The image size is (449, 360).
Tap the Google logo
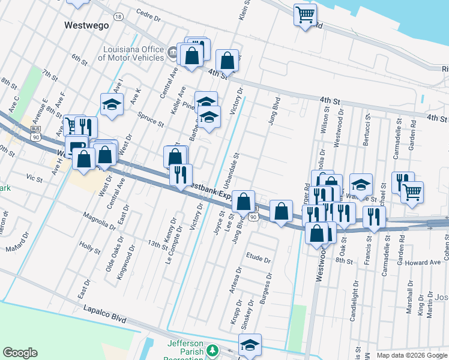(x=20, y=353)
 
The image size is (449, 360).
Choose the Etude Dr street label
(x=259, y=258)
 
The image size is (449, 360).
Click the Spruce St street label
(x=151, y=119)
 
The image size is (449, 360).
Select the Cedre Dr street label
(x=149, y=15)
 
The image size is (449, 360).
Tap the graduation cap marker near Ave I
(x=112, y=105)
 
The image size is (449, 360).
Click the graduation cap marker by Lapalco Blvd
(x=250, y=344)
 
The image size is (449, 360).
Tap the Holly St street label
(x=89, y=247)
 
